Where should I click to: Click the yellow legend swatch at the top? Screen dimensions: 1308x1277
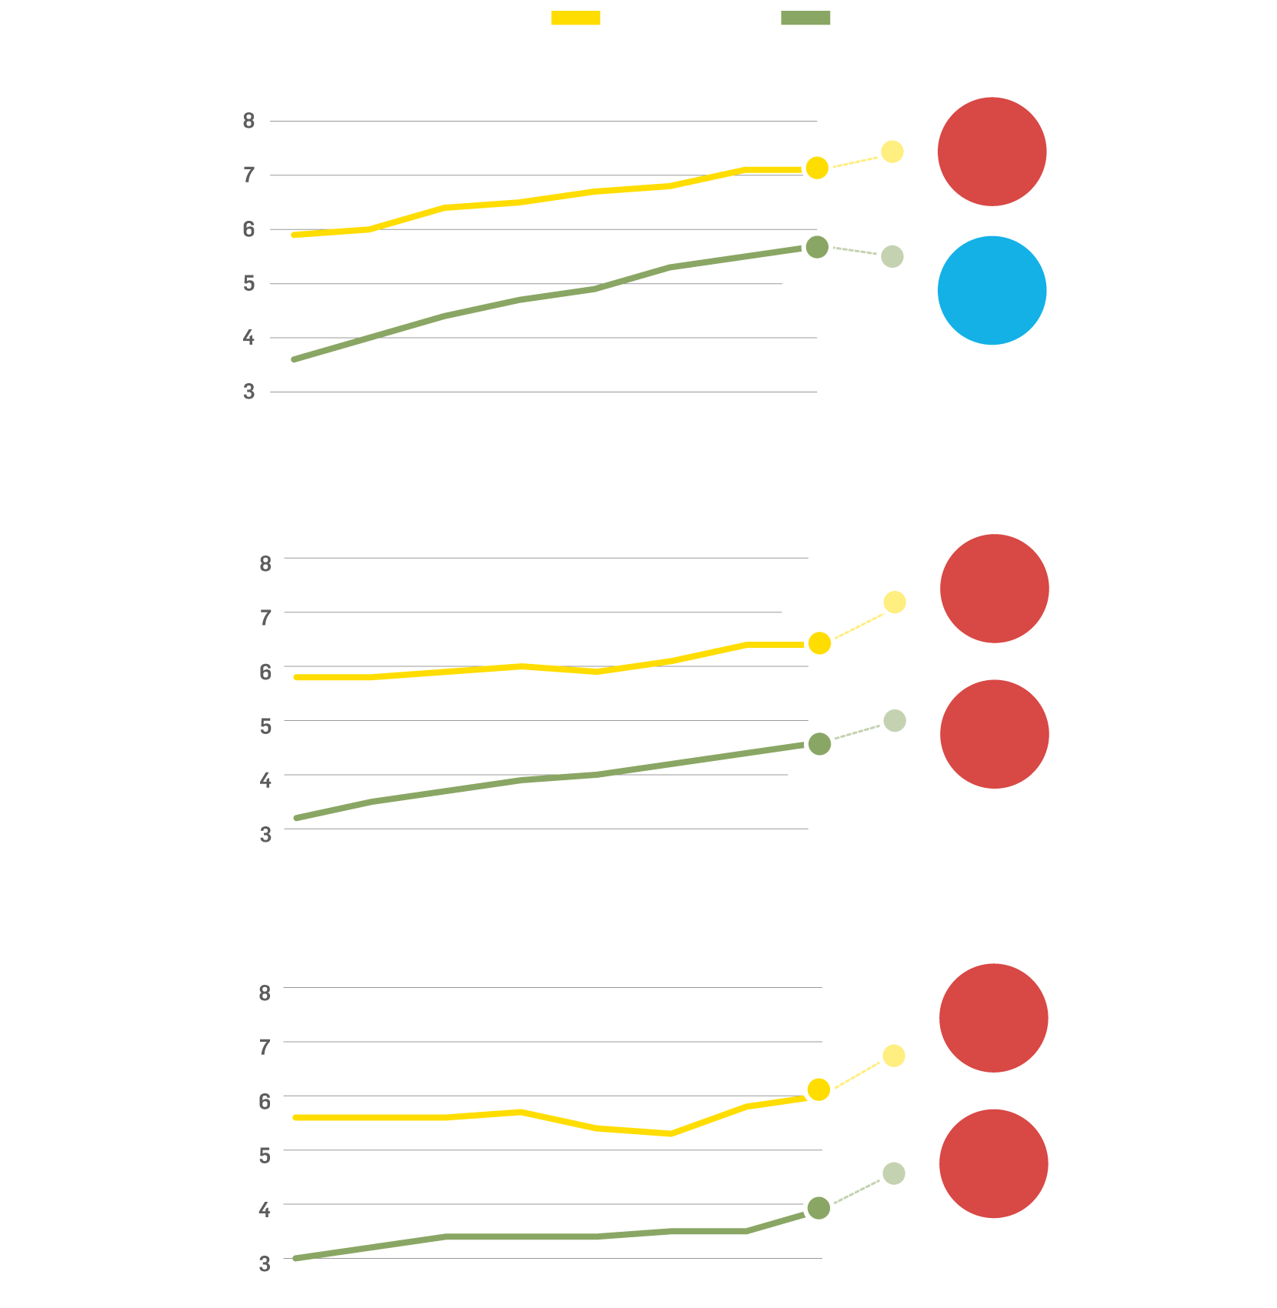pos(575,18)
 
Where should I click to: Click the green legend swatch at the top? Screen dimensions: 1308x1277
pos(805,18)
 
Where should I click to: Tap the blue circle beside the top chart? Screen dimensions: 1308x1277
pos(992,290)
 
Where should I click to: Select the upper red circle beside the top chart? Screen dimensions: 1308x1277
pos(992,152)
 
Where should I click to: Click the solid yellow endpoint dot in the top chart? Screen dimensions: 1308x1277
pos(817,168)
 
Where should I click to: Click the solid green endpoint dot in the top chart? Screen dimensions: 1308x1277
pos(817,247)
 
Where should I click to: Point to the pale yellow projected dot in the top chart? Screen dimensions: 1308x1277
pos(892,152)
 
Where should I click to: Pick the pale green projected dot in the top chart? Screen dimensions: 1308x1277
pos(892,256)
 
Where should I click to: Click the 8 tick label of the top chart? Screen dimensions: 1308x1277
pos(248,121)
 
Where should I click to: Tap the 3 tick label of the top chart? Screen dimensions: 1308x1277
pos(248,392)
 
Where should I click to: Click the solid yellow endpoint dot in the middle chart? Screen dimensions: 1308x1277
pos(819,643)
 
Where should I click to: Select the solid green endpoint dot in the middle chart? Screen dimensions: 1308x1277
pos(819,744)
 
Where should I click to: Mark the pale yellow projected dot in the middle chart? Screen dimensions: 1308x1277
pos(894,602)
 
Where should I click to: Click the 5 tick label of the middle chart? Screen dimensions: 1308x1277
pos(265,726)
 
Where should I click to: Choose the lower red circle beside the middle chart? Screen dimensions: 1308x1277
pos(994,734)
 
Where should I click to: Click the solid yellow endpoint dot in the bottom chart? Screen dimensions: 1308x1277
pos(819,1089)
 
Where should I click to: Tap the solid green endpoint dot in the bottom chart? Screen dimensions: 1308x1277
pos(819,1208)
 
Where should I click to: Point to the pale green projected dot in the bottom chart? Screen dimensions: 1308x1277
pos(893,1174)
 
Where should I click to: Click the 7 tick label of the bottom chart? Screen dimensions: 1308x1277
pos(265,1047)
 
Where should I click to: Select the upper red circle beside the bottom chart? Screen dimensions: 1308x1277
pos(993,1018)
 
